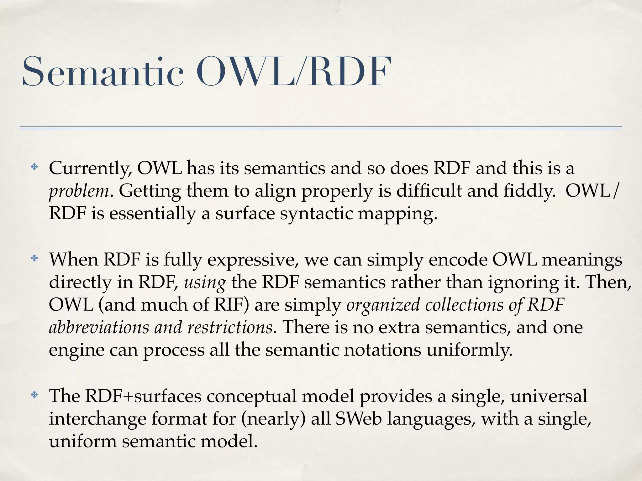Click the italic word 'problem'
(79, 191)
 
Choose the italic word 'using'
(205, 283)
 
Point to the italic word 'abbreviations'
(99, 327)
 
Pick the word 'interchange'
(97, 419)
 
